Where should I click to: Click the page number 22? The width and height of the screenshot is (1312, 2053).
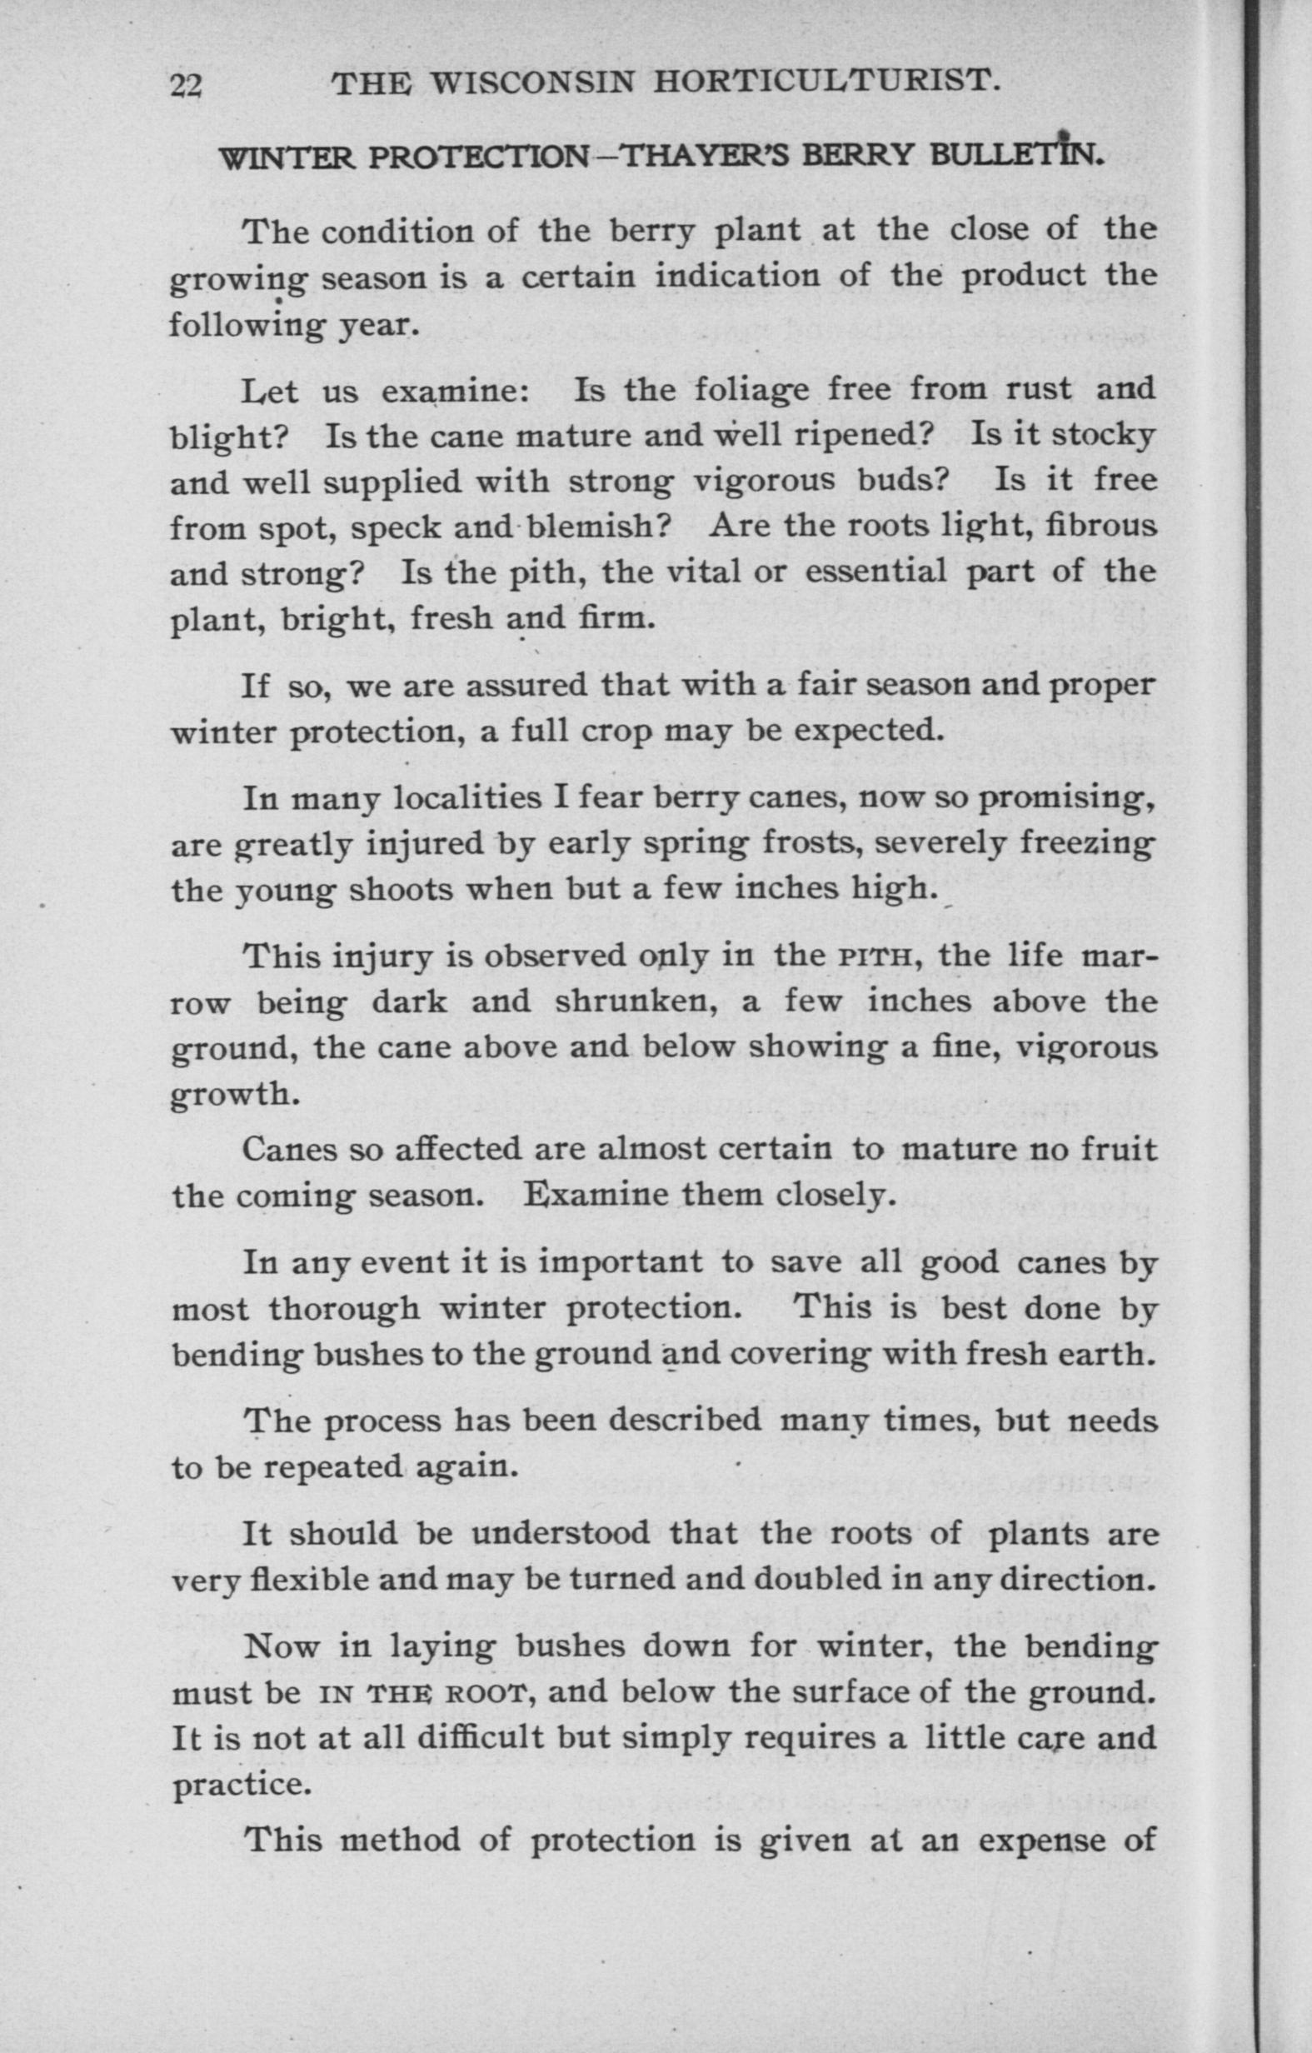[x=185, y=85]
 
